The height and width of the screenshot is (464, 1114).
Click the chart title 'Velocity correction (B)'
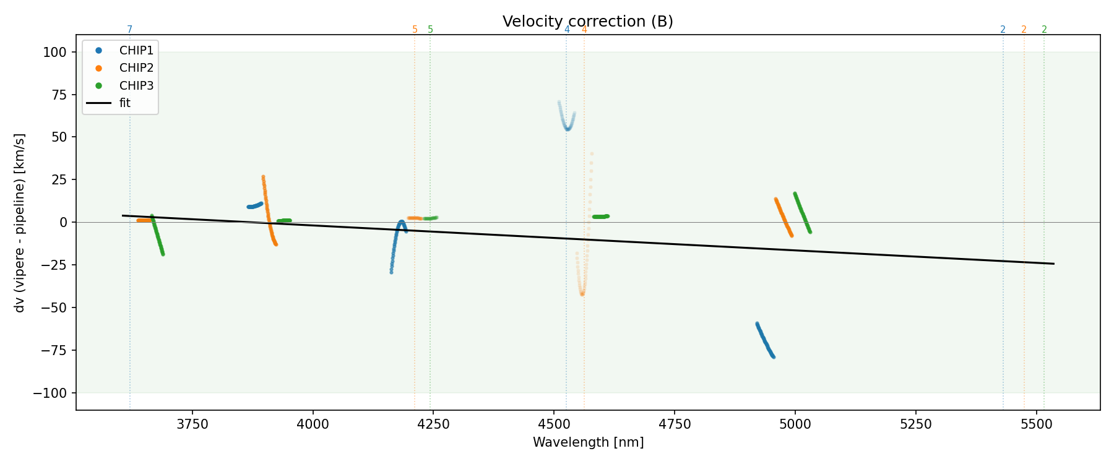tap(587, 22)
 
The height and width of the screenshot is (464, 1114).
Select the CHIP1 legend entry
tap(136, 51)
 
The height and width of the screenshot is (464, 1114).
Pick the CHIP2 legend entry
tap(136, 68)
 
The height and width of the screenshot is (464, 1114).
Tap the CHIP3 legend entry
tap(136, 86)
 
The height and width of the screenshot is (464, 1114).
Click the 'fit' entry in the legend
tap(125, 103)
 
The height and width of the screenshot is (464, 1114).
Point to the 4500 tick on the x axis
tap(554, 424)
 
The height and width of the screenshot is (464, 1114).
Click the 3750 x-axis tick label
tap(192, 424)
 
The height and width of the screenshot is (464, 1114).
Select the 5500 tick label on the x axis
tap(1036, 424)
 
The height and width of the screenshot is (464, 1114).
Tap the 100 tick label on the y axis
tap(54, 53)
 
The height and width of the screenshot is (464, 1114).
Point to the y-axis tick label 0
tap(63, 223)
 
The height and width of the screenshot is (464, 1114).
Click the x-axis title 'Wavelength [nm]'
tap(588, 442)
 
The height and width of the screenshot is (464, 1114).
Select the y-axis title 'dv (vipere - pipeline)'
tap(20, 223)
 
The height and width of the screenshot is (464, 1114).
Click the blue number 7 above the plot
tap(130, 30)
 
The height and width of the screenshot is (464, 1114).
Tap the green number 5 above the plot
tap(431, 30)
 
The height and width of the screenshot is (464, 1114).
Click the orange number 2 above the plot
tap(1024, 30)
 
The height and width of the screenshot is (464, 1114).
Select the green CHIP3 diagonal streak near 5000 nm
tap(802, 212)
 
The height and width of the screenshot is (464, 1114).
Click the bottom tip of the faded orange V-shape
tap(582, 294)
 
